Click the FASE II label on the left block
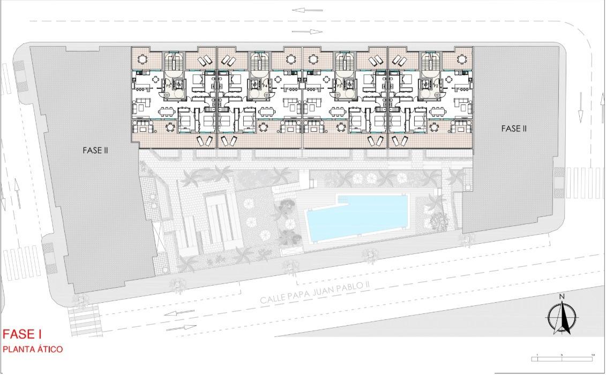point(95,151)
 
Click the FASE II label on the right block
point(514,129)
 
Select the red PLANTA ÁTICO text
point(33,349)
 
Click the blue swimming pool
point(356,219)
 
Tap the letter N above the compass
point(562,296)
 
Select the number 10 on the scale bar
point(593,355)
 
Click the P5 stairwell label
point(168,86)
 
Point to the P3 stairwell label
point(339,86)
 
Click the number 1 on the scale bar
point(537,355)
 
